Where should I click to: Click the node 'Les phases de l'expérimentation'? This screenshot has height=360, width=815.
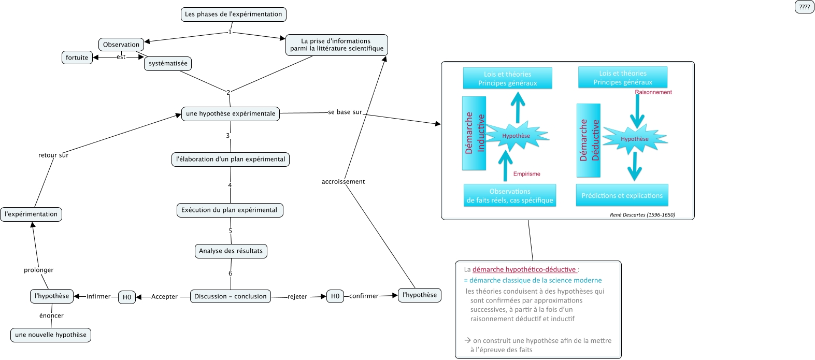pos(233,15)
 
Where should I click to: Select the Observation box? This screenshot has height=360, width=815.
pos(121,45)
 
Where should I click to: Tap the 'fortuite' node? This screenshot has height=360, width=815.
pos(77,57)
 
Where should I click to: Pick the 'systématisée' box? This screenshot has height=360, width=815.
pos(168,64)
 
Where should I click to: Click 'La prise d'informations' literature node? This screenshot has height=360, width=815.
pos(337,45)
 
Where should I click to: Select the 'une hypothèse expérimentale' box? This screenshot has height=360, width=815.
pos(231,114)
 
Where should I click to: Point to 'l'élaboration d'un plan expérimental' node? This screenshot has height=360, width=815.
pos(231,160)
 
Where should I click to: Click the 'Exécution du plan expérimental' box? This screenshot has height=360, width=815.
pos(230,210)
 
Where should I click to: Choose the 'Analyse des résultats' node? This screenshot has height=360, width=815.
pos(231,251)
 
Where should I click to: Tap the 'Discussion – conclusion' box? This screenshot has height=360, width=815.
pos(230,296)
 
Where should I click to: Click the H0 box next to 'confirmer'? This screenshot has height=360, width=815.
pos(335,296)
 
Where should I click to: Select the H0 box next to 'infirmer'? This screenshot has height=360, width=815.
pos(127,297)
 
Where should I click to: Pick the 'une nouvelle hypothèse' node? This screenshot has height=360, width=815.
pos(51,335)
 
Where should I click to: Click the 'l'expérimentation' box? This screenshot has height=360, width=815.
pos(31,214)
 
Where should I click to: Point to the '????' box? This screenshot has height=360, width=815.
pos(804,7)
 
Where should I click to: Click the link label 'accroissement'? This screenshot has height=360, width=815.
pos(343,182)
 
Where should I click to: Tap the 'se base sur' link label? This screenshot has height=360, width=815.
pos(345,112)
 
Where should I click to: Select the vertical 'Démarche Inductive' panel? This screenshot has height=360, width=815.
pos(474,133)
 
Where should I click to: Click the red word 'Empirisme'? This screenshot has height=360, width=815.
pos(526,174)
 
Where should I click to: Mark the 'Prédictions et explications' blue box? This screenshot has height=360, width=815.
pos(622,196)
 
